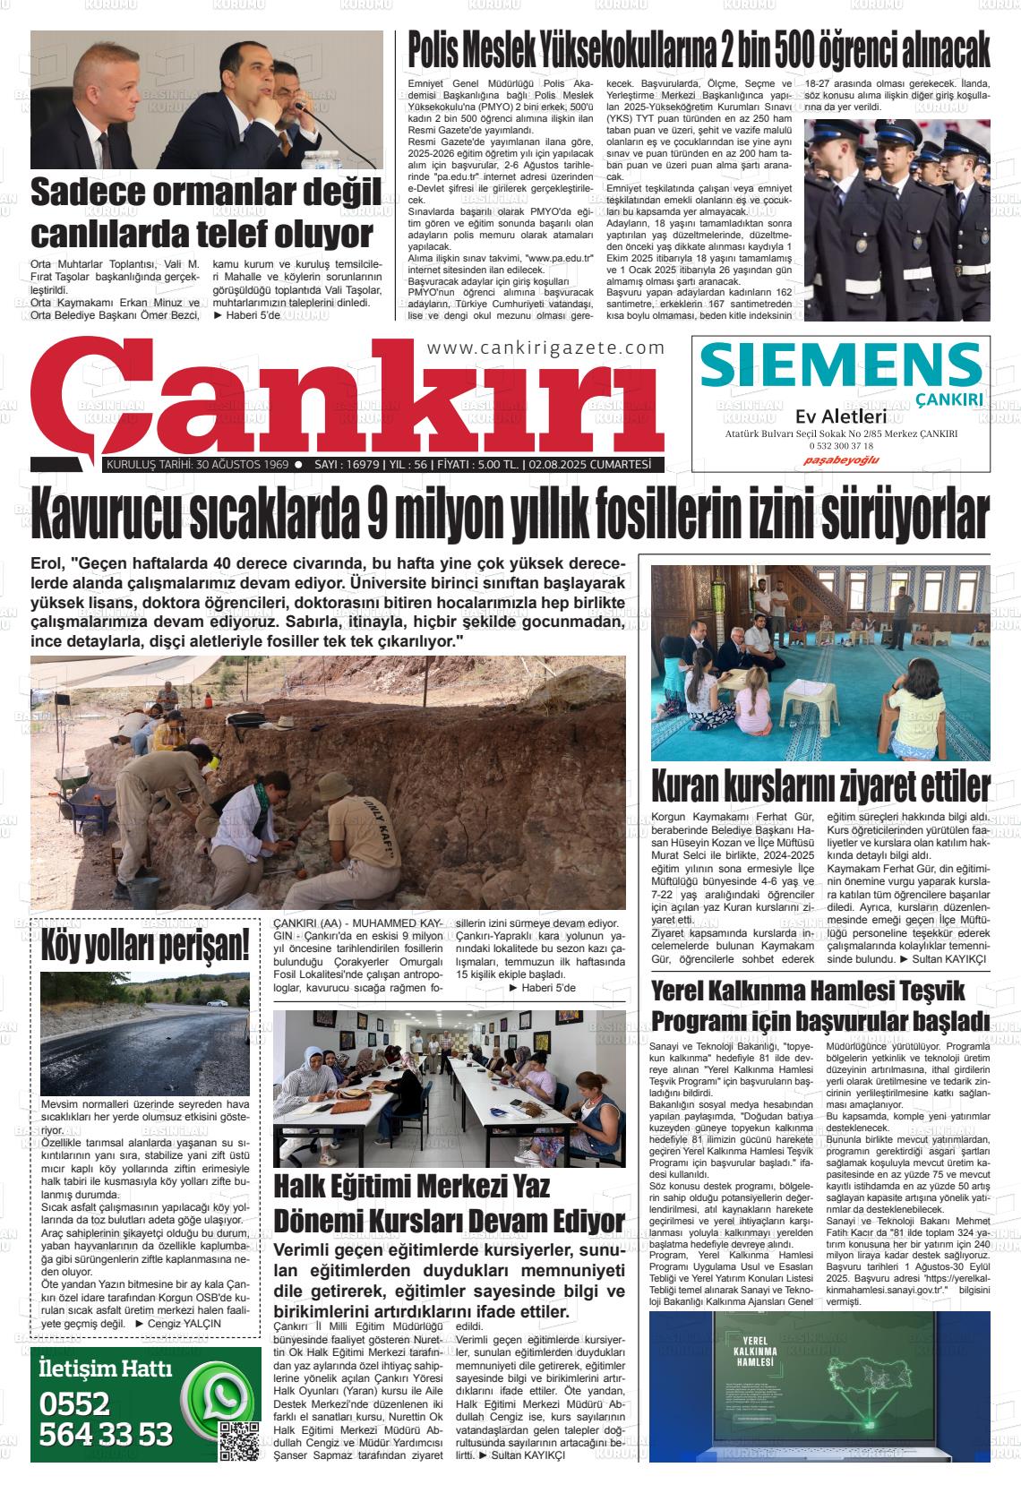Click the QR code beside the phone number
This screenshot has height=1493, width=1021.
[238, 1440]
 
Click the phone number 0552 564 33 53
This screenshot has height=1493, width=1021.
[106, 1419]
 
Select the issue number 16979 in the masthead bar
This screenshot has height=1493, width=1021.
[357, 465]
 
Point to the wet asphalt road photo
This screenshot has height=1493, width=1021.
[145, 1033]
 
